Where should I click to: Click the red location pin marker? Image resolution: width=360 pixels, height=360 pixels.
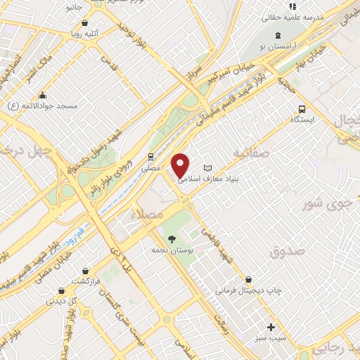181,165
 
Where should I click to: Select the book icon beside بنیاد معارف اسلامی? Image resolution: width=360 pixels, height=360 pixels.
207,168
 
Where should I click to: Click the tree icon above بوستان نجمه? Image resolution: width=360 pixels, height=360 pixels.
172,239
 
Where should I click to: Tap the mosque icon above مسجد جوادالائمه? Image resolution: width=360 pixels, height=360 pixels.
43,96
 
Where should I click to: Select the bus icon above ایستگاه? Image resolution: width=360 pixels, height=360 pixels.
302,109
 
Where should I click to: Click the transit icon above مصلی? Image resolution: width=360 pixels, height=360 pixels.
150,157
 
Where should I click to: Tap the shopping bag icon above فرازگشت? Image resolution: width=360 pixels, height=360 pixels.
85,271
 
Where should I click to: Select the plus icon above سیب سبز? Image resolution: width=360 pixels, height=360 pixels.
271,327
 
